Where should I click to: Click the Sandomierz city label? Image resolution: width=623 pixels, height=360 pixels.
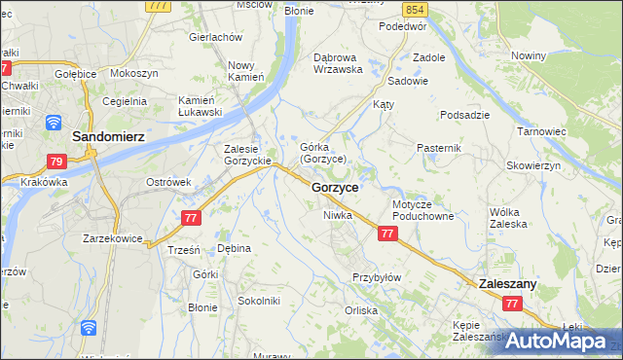tap(108, 137)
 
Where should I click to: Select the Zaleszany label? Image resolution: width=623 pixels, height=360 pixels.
tap(509, 283)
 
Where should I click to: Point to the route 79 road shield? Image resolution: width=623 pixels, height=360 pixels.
tap(55, 162)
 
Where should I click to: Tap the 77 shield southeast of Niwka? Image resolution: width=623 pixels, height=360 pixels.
tap(387, 234)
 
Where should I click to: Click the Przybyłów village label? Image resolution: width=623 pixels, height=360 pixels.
tap(377, 277)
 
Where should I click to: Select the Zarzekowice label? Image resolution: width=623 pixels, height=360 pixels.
tap(113, 237)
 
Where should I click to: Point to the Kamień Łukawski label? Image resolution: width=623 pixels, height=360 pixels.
tap(201, 106)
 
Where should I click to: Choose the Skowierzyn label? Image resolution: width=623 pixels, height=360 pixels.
tap(534, 165)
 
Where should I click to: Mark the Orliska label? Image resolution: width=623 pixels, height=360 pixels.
tap(360, 311)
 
